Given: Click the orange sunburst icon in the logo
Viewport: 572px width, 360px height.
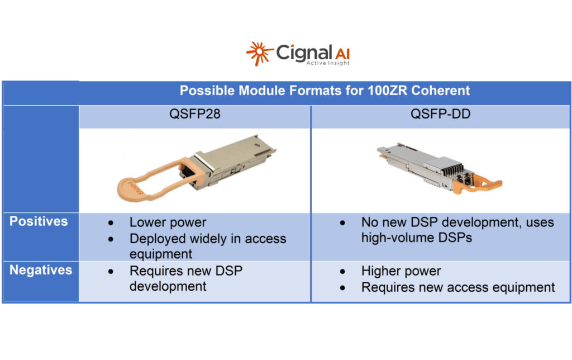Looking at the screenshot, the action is coord(259,53).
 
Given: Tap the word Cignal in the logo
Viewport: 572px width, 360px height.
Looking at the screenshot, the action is coord(299,53).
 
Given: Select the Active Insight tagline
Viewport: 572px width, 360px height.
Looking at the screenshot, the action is coord(328,63).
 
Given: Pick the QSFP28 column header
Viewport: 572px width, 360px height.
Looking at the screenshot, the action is coord(195,114).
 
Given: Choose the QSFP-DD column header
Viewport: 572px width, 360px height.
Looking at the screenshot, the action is coord(440,114).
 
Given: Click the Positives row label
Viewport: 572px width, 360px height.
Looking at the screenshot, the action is coord(39,221).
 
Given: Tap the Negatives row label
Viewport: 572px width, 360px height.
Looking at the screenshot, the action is coord(41,270).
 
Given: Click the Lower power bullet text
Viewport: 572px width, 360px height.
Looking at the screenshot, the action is coord(168,222).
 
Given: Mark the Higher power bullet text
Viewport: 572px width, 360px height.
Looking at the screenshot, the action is coord(401,271).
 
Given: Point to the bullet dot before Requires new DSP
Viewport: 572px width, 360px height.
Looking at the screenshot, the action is coord(111,271).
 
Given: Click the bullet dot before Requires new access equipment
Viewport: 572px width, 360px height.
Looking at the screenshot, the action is coord(342,288).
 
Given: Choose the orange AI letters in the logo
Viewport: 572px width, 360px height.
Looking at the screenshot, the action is coord(342,54).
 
